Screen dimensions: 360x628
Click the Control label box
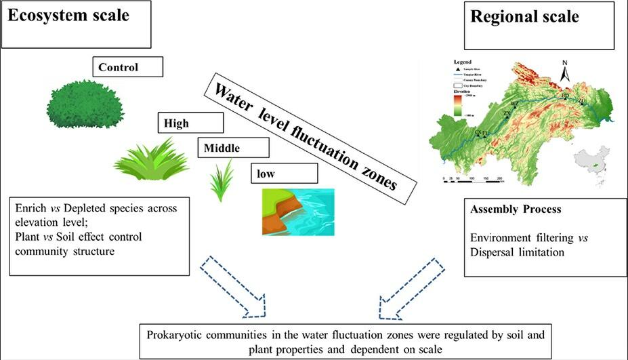tap(129, 66)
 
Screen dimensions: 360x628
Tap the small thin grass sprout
tap(222, 181)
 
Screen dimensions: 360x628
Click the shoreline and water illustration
tap(298, 212)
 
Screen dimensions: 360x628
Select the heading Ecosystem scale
tap(68, 16)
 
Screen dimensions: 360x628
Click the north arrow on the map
tap(566, 70)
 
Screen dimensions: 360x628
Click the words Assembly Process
tap(516, 209)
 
